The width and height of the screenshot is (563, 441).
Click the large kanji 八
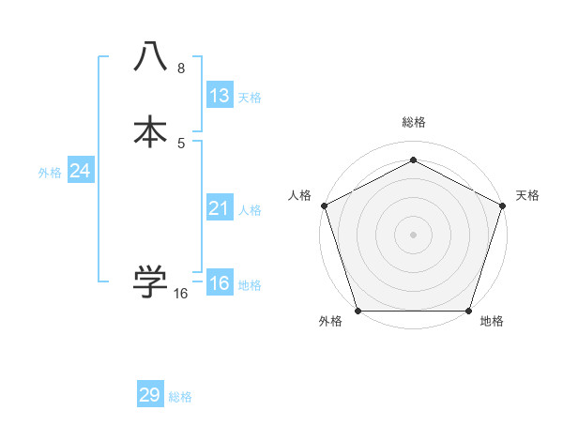pos(150,57)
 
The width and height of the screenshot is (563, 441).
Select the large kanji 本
pos(150,131)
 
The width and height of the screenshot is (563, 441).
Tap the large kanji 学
pos(150,281)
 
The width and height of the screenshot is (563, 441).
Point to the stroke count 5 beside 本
pos(181,143)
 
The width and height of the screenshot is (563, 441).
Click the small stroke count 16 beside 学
pos(181,294)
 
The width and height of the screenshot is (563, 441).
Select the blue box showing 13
pos(220,96)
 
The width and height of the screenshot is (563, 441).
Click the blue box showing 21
pos(220,208)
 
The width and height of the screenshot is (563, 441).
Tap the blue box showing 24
pos(81,171)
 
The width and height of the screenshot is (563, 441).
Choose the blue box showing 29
pos(150,395)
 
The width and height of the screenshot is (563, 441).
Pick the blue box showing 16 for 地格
pos(220,283)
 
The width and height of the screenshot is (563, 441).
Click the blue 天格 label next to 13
pos(250,98)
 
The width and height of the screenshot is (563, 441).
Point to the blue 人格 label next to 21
pos(250,210)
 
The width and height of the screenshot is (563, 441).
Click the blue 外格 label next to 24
pos(50,173)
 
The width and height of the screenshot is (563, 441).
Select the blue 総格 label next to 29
pos(180,397)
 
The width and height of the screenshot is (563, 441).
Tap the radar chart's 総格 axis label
pos(413,122)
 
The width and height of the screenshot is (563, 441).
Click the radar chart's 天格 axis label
pos(527,195)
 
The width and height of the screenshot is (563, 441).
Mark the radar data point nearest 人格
pos(324,205)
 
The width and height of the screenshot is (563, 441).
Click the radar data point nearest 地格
pos(468,311)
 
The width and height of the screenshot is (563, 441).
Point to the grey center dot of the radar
pos(413,234)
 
